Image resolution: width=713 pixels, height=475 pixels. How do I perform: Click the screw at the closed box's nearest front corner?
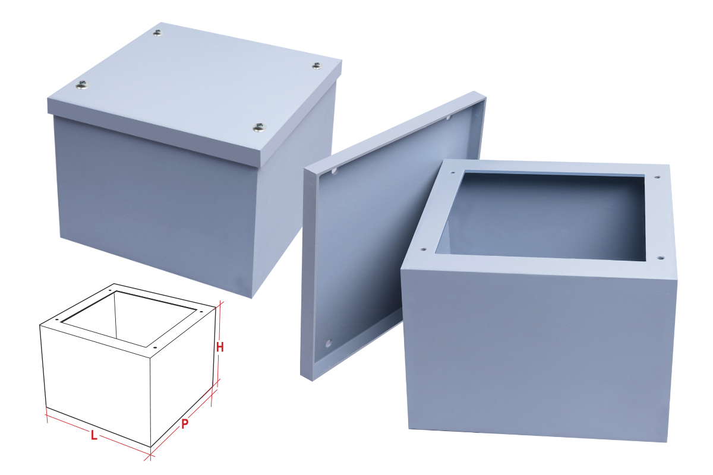[258, 126]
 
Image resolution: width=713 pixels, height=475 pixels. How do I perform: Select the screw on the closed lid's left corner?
[81, 87]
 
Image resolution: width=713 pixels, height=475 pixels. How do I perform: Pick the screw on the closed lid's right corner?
[316, 65]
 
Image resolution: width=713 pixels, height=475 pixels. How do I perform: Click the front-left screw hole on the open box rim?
[422, 249]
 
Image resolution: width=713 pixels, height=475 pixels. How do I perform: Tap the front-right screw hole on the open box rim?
[661, 258]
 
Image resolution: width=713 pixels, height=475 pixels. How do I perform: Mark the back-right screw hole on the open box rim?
[657, 176]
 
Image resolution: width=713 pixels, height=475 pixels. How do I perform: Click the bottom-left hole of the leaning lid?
[328, 343]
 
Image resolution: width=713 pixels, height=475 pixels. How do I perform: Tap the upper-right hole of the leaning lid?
[449, 118]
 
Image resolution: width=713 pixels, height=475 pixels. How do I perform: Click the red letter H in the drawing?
[219, 347]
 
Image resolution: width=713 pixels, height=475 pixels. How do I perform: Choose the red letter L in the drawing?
[94, 436]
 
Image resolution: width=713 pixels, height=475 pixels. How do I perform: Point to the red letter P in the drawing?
[185, 424]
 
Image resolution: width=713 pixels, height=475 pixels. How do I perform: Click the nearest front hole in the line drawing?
[154, 347]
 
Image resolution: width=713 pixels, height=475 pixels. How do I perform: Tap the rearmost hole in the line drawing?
[111, 290]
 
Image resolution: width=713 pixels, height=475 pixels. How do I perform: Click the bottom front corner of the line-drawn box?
[150, 447]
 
